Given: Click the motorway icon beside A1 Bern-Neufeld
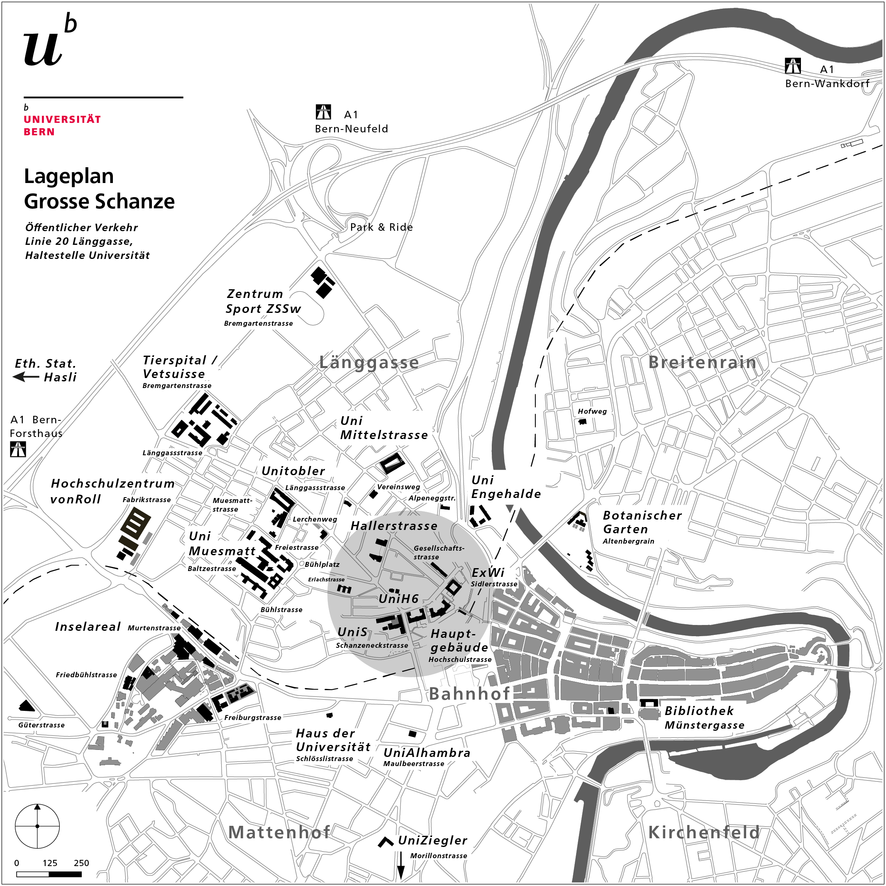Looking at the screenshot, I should pos(323,112).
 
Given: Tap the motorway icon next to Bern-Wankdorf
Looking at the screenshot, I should pos(793,66).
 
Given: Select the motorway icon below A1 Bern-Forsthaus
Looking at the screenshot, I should pos(18,449).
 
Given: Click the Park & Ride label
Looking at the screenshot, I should pos(381,227).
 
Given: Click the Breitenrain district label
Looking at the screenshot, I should pos(702,362).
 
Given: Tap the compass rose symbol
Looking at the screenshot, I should pos(37,826).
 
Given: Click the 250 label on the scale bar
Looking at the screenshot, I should pos(81,863).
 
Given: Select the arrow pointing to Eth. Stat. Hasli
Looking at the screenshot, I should pos(26,377).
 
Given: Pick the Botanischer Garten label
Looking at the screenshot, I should pos(642,522).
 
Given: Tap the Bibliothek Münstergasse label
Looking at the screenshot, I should pos(703,718).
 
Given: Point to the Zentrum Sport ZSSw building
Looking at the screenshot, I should pos(322,282).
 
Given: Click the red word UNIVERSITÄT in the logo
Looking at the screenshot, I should pos(62,119).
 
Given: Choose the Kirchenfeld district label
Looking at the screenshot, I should pos(703,832).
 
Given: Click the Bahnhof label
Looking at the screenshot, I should pos(469,694).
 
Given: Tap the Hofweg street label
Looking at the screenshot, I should pos(592,411).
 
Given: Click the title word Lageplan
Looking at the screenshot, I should pos(69,176).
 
